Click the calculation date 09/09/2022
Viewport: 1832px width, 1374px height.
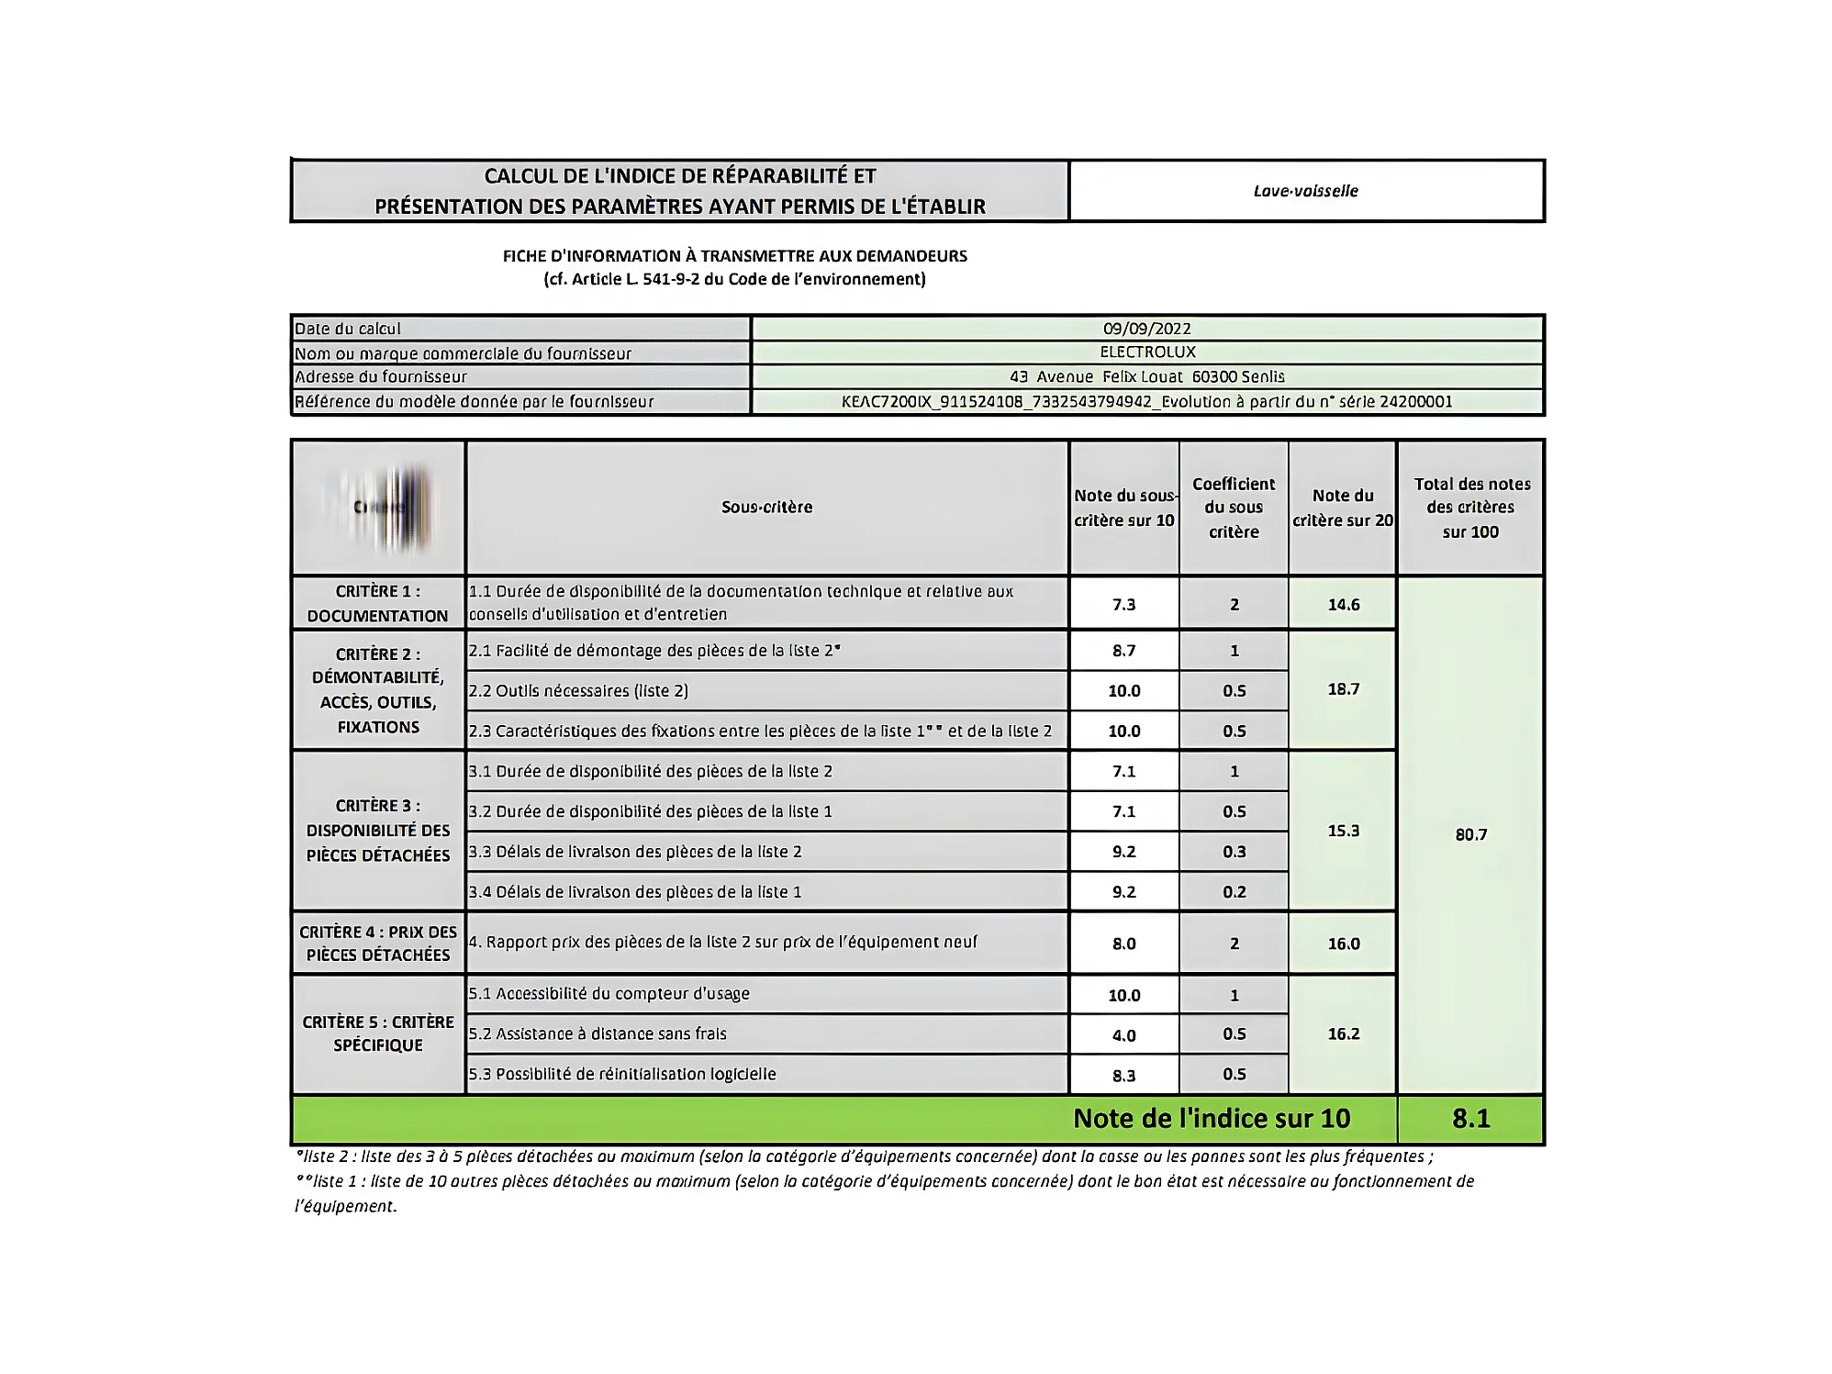point(1146,329)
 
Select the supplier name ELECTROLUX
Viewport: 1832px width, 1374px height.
point(1147,352)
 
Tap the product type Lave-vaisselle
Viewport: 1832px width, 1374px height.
point(1305,191)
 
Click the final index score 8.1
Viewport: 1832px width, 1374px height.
point(1470,1118)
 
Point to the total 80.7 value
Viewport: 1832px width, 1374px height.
point(1470,834)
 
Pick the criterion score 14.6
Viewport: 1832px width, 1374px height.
point(1343,604)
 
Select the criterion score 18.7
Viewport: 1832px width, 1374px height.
point(1343,689)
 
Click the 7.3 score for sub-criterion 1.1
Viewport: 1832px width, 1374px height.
point(1123,604)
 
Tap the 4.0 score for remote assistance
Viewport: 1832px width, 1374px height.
point(1123,1035)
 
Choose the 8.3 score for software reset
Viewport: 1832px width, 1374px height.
point(1123,1075)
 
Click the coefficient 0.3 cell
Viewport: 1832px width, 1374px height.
point(1234,852)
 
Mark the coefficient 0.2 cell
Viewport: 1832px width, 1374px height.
point(1234,891)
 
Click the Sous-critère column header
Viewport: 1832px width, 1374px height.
point(766,508)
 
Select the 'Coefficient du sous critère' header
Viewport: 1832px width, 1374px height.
point(1234,508)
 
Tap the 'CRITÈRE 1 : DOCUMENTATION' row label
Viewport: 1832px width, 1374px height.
point(377,603)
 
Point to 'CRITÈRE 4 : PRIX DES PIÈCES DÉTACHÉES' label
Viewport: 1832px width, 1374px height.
point(377,943)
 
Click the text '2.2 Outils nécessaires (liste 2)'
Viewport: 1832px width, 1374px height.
point(578,691)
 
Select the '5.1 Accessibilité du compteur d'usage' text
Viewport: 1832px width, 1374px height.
point(609,994)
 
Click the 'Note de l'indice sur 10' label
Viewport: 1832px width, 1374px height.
point(1212,1118)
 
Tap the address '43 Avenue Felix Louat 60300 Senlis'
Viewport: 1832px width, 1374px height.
point(1146,377)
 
